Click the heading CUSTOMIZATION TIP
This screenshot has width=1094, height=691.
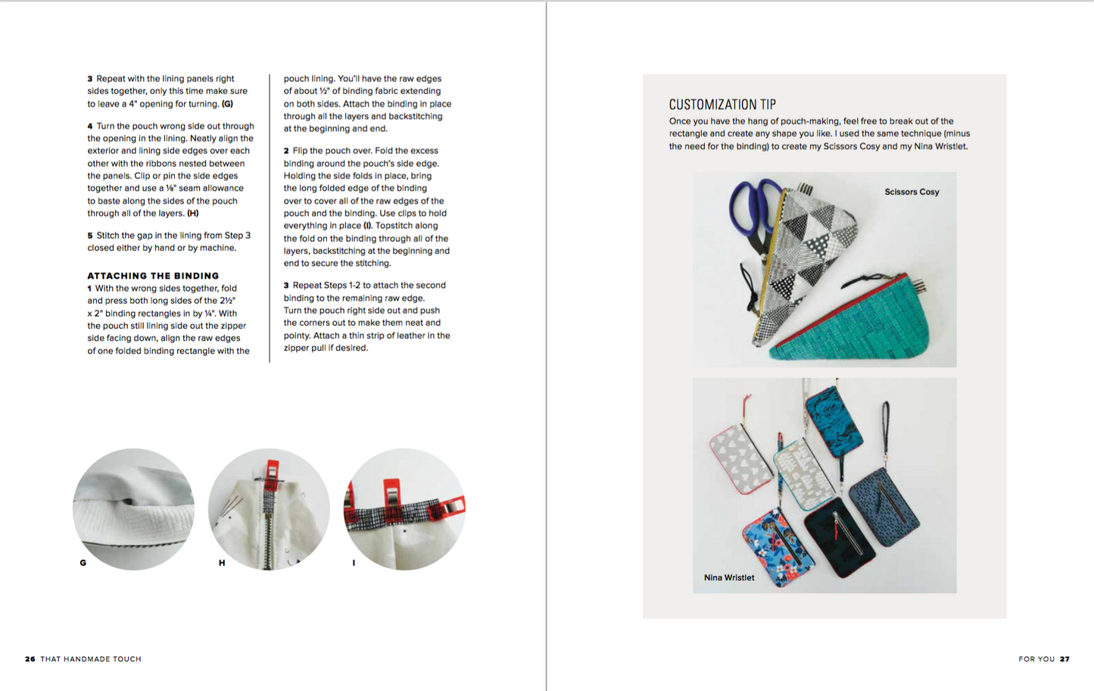(722, 105)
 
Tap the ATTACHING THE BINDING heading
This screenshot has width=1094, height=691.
(153, 276)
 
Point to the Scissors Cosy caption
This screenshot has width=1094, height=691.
(912, 192)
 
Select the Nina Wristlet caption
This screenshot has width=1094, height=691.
(729, 577)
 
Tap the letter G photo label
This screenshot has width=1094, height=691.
(83, 563)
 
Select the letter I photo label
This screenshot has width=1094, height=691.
(354, 563)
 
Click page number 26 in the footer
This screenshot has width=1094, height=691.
(30, 659)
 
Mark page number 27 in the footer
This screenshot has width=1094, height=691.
(1064, 659)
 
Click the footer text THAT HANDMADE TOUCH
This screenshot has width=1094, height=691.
(91, 659)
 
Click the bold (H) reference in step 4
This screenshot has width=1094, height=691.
(193, 214)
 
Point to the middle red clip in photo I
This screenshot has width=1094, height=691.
(391, 496)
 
